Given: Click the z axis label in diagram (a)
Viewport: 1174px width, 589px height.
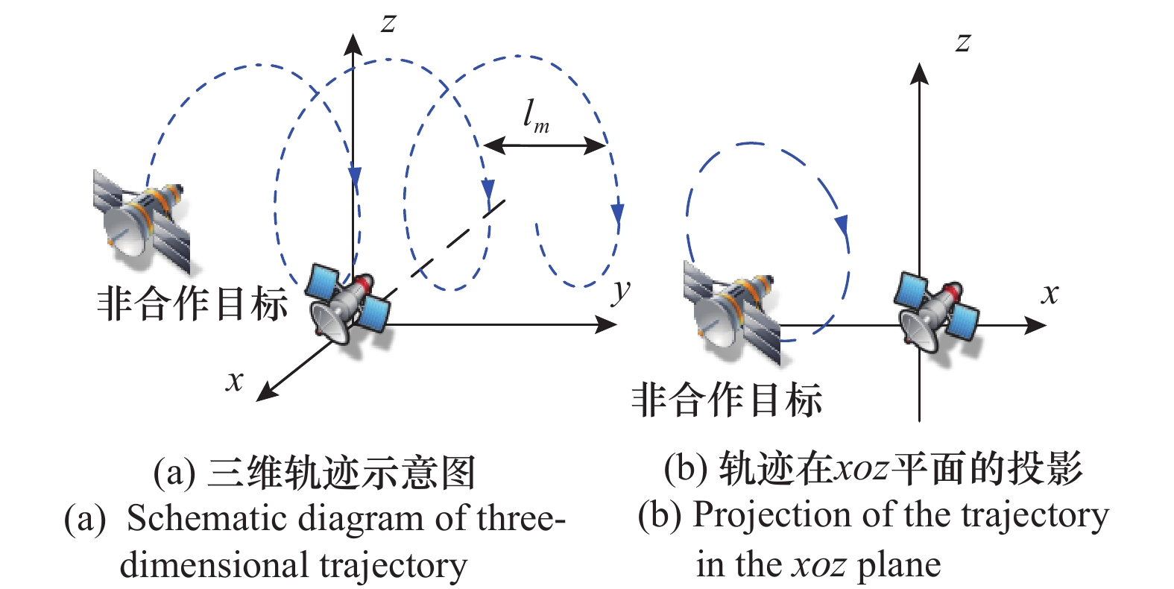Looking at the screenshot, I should tap(388, 23).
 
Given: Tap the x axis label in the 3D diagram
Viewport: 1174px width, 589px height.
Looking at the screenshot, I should tap(235, 382).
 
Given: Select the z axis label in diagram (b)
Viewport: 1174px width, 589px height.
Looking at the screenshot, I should tap(963, 42).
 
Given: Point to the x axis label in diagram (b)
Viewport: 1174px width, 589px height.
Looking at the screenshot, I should tap(1050, 294).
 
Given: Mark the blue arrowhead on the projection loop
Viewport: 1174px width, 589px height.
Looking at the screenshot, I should tap(843, 224).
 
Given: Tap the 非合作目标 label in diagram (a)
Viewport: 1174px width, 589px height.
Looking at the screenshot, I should tap(192, 304).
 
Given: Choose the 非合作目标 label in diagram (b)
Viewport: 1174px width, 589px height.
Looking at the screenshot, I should tap(727, 400).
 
